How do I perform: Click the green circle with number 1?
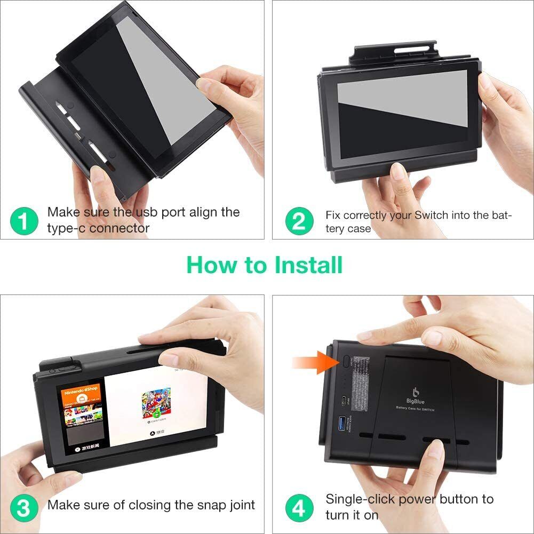tap(25, 220)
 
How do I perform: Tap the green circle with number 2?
tap(299, 220)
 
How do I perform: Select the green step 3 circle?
tap(25, 507)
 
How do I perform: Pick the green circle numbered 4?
tap(299, 507)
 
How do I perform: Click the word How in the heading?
tap(208, 265)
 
